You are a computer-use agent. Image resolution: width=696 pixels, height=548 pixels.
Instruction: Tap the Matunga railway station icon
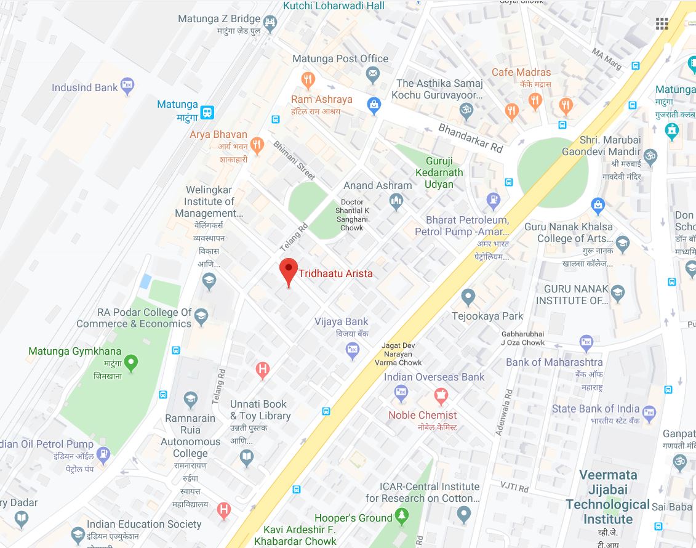pyautogui.click(x=207, y=112)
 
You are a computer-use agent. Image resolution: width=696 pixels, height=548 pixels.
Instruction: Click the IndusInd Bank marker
pyautogui.click(x=127, y=87)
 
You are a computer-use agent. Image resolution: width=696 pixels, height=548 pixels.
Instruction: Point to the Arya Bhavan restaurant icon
pyautogui.click(x=257, y=145)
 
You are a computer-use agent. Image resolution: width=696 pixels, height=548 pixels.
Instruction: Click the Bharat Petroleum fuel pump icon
pyautogui.click(x=493, y=199)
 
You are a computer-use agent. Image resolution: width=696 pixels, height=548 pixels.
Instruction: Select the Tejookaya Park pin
pyautogui.click(x=468, y=297)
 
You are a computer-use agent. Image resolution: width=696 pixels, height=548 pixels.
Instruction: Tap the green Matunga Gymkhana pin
pyautogui.click(x=130, y=362)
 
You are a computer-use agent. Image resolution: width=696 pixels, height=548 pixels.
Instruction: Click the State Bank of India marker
pyautogui.click(x=649, y=411)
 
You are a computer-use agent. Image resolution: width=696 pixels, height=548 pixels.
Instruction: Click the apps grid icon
pyautogui.click(x=662, y=24)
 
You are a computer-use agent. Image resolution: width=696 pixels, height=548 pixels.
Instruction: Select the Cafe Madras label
pyautogui.click(x=521, y=72)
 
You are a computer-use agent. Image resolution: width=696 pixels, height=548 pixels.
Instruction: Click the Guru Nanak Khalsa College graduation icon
pyautogui.click(x=623, y=243)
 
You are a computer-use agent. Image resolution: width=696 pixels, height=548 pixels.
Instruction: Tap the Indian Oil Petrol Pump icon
pyautogui.click(x=103, y=454)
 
